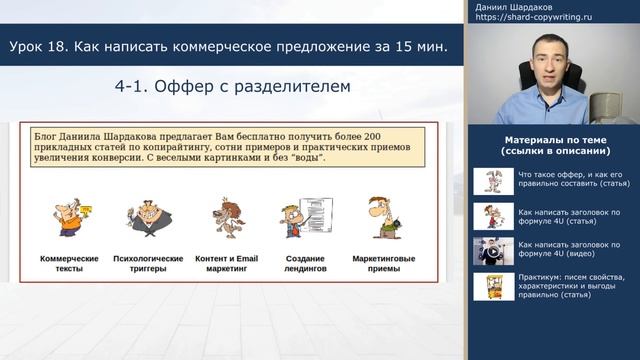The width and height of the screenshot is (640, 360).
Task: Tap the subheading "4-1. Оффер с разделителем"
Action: click(x=232, y=87)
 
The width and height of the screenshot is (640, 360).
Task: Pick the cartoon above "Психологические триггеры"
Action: click(x=147, y=216)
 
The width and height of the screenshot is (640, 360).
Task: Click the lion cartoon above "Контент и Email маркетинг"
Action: click(x=225, y=216)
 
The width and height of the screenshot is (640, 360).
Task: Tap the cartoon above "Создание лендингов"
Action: click(x=304, y=216)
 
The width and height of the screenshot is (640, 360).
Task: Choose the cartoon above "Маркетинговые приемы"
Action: click(x=383, y=216)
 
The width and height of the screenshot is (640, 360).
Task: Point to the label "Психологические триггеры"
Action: click(x=148, y=263)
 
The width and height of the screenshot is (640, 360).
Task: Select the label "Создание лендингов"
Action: click(x=304, y=263)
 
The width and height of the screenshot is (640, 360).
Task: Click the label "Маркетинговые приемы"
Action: click(x=384, y=263)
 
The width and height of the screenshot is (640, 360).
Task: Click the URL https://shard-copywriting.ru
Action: click(x=532, y=18)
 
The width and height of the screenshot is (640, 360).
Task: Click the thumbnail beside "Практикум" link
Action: click(x=491, y=287)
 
